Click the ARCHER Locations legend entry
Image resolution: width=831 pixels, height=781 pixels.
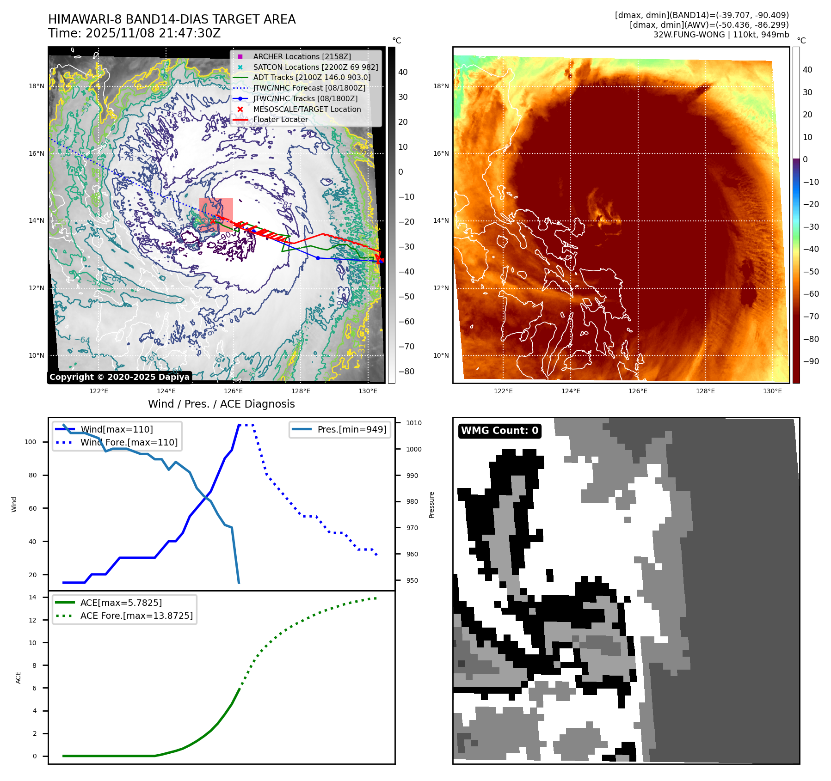point(302,56)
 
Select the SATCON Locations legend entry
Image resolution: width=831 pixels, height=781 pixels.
point(315,67)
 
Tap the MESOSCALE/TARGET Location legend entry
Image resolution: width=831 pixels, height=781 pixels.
point(307,109)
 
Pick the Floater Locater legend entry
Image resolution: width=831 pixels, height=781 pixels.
point(280,119)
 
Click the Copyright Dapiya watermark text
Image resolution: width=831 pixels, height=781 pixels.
point(119,377)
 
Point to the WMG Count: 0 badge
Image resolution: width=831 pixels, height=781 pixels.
point(499,431)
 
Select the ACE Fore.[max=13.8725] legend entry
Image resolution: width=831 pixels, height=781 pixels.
point(136,616)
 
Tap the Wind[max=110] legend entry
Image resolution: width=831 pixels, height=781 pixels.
point(117,429)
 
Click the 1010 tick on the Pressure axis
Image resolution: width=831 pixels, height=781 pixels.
point(414,423)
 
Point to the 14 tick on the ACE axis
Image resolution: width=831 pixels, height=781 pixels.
point(32,597)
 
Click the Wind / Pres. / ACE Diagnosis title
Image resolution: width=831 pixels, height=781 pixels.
point(221,404)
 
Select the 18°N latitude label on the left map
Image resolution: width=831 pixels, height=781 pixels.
point(37,86)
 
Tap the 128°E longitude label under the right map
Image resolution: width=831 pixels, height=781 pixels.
point(705,391)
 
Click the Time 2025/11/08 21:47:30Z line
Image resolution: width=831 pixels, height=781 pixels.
point(134,33)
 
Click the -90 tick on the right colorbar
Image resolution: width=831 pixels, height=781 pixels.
point(811,361)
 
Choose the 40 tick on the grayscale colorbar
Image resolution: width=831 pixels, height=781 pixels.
point(403,72)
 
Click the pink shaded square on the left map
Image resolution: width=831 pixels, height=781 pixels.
point(216,215)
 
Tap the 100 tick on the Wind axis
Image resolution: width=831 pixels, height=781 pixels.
point(30,442)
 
